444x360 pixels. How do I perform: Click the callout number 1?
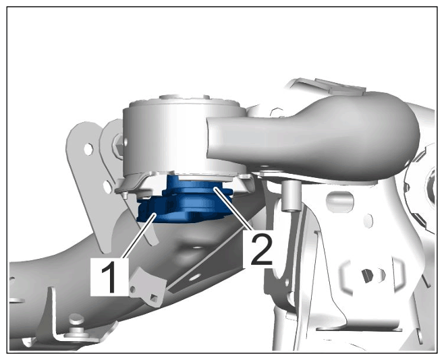pos(109,277)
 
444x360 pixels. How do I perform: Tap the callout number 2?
pos(257,250)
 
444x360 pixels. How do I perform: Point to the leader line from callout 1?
pos(140,236)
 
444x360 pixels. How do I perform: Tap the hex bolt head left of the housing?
pos(119,145)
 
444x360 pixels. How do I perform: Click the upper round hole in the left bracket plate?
pos(88,149)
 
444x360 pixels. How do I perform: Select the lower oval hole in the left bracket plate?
pos(107,187)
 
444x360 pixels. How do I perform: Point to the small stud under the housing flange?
pos(124,196)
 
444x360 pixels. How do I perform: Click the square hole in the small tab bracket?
pos(155,297)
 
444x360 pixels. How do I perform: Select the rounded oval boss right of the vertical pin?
pos(340,202)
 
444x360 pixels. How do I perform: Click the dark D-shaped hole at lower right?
pos(367,276)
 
